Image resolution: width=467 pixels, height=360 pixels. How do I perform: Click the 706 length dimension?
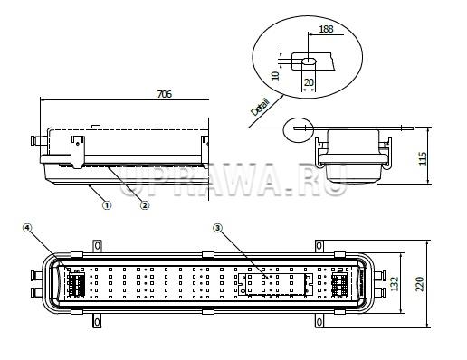click(x=165, y=94)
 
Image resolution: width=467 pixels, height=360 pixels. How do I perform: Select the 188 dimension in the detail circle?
click(x=326, y=29)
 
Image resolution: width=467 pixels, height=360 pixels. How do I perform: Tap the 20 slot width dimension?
click(x=309, y=82)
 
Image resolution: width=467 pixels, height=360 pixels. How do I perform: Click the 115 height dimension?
click(x=423, y=158)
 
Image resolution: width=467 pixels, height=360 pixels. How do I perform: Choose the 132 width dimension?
click(x=395, y=284)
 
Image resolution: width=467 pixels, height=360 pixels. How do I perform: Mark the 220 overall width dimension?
click(x=420, y=284)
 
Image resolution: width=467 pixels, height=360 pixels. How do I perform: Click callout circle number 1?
click(x=107, y=205)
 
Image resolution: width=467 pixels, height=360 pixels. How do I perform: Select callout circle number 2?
click(x=145, y=205)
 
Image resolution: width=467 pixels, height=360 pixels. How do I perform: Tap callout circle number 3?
click(x=217, y=228)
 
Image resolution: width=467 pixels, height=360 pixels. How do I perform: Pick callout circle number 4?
click(x=27, y=228)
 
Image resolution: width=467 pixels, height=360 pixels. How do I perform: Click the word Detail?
click(x=260, y=107)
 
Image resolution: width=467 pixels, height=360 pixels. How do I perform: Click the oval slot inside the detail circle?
click(x=309, y=61)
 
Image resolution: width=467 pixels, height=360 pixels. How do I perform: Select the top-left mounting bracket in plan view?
click(x=97, y=246)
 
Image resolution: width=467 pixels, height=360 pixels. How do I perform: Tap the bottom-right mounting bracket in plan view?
click(x=319, y=321)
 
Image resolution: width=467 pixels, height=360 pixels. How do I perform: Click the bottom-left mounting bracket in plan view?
click(x=97, y=321)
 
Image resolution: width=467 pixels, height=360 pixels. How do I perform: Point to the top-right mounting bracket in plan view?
click(x=319, y=246)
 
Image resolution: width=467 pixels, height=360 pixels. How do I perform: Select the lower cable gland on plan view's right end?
click(x=379, y=292)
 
